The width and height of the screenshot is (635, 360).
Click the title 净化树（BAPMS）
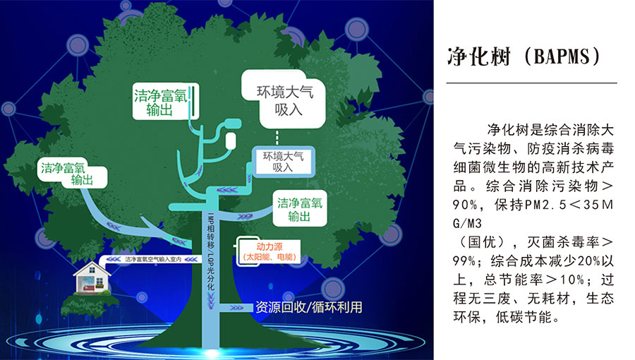pyautogui.click(x=524, y=56)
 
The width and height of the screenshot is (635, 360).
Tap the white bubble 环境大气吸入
pyautogui.click(x=284, y=100)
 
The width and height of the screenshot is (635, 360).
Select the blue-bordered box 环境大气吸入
pyautogui.click(x=284, y=162)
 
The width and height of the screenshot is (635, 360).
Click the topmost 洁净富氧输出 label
pyautogui.click(x=166, y=101)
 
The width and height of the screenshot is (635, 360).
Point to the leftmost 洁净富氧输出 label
pyautogui.click(x=73, y=173)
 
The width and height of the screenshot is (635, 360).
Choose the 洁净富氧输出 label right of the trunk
pyautogui.click(x=300, y=208)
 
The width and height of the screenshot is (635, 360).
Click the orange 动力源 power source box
pyautogui.click(x=270, y=251)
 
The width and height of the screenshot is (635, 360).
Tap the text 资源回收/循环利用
pyautogui.click(x=308, y=307)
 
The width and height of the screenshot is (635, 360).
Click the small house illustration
pyautogui.click(x=92, y=278)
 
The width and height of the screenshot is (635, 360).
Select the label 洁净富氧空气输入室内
pyautogui.click(x=153, y=259)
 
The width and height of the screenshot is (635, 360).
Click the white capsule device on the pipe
pyautogui.click(x=231, y=140)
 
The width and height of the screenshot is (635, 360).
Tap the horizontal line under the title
pyautogui.click(x=532, y=83)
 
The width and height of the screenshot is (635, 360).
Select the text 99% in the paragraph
pyautogui.click(x=464, y=260)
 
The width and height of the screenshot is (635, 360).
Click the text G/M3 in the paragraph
pyautogui.click(x=467, y=224)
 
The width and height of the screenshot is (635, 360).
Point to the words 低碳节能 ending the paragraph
pyautogui.click(x=524, y=317)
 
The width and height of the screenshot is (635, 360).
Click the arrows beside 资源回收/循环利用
pyautogui.click(x=236, y=308)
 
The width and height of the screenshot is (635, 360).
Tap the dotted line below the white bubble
pyautogui.click(x=277, y=138)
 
